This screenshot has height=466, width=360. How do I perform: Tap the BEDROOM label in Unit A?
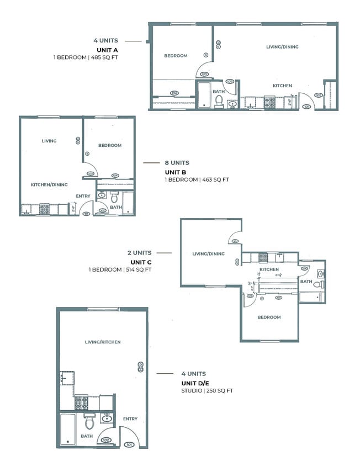[176, 56]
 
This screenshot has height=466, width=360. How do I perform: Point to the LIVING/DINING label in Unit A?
[282, 47]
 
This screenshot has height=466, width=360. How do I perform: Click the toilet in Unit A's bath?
[219, 100]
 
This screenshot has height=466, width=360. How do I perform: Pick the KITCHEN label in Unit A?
[282, 86]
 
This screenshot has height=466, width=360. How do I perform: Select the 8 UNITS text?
[177, 163]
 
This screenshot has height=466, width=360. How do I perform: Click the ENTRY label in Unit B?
[83, 196]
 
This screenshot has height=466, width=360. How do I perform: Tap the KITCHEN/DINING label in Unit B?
[49, 184]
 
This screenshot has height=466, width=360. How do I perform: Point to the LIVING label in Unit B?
[49, 141]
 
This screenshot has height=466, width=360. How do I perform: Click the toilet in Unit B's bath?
[115, 197]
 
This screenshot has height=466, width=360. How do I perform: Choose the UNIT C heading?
[141, 262]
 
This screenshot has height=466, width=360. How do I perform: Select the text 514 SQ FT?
[138, 269]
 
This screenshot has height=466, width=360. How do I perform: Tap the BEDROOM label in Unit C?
[269, 317]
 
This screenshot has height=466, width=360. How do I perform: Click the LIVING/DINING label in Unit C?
[209, 254]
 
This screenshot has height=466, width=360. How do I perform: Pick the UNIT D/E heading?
[196, 383]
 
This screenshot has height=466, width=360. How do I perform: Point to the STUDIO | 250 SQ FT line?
[207, 390]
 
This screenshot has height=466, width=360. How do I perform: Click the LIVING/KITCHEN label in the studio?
[103, 342]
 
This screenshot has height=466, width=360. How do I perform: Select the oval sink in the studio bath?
[107, 419]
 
